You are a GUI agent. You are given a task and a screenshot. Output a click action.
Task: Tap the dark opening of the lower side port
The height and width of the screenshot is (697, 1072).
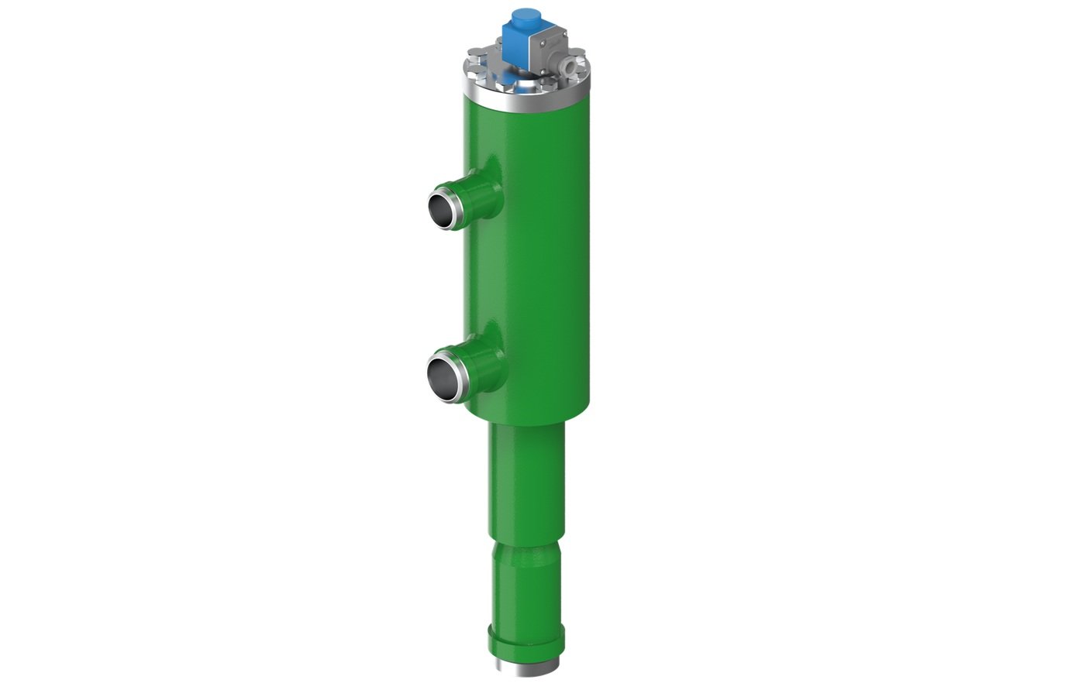443,375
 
